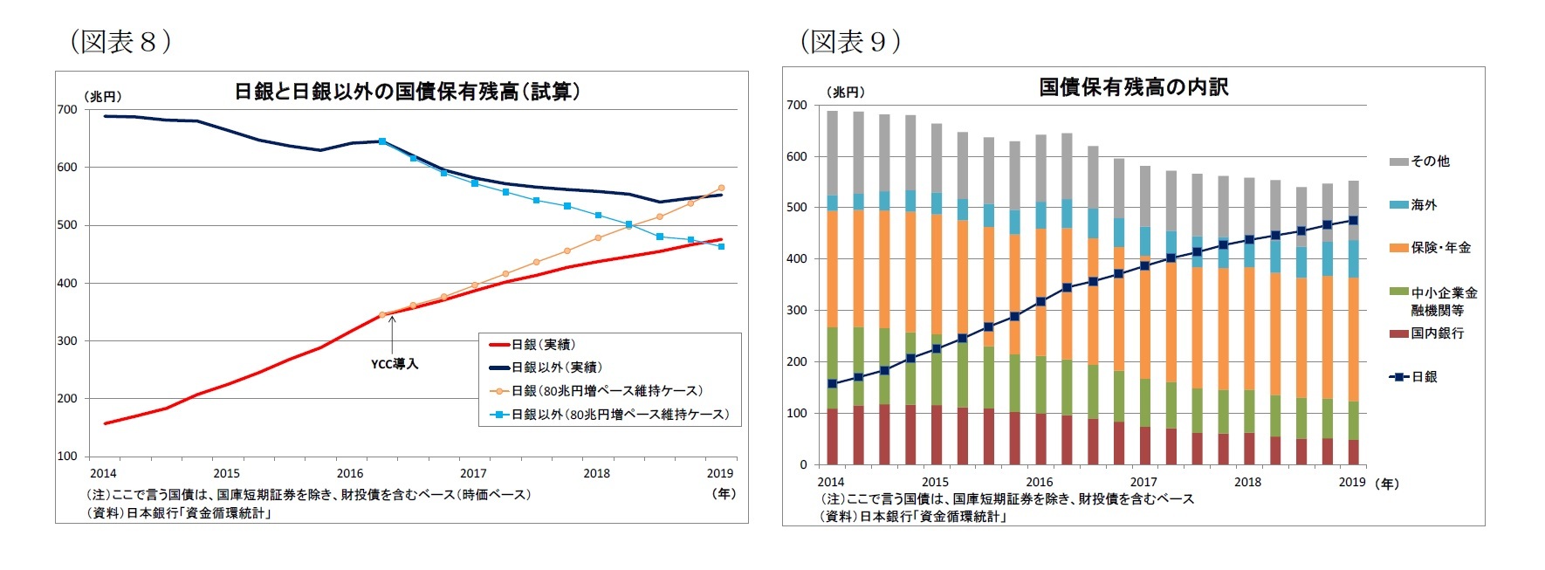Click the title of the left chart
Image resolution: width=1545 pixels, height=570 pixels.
pos(407,92)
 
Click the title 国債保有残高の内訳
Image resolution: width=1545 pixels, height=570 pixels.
pos(1133,87)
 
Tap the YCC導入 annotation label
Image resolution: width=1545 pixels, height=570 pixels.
pos(395,364)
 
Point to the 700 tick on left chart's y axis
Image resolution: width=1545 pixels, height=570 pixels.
pos(67,109)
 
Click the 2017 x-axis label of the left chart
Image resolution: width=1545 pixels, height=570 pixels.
pos(473,473)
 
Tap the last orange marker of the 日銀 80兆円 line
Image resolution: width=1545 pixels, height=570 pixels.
pos(721,188)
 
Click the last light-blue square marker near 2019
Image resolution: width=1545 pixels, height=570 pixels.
pos(721,246)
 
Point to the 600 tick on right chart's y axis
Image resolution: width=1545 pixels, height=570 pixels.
pos(797,156)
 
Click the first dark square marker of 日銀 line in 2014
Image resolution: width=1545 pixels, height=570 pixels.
pos(833,383)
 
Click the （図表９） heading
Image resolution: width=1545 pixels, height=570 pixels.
pos(849,41)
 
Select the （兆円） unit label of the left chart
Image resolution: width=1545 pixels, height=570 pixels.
pos(103,97)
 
